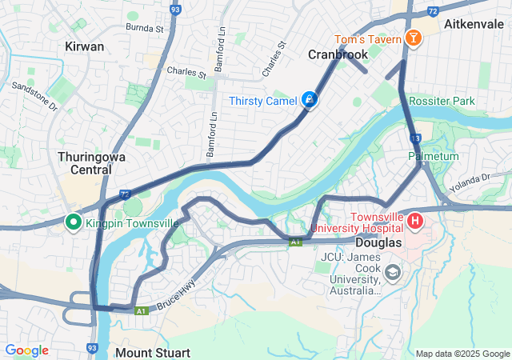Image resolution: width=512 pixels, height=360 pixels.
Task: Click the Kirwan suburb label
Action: [84, 46]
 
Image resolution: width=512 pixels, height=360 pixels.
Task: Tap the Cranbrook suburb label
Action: [337, 54]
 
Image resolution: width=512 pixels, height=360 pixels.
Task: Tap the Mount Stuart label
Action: [153, 352]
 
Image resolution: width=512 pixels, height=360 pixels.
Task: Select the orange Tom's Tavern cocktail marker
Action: [413, 38]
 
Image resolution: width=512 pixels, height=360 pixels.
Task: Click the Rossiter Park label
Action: [442, 101]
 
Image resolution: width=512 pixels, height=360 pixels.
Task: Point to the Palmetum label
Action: [434, 156]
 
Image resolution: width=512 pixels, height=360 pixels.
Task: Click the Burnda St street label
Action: [144, 28]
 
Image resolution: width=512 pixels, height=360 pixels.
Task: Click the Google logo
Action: [26, 350]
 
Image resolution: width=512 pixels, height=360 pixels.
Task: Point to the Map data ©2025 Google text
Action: [462, 354]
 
